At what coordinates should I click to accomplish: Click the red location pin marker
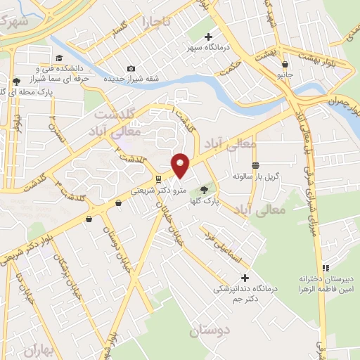[181, 165]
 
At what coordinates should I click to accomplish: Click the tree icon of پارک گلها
[205, 189]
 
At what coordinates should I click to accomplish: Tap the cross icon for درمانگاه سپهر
[209, 37]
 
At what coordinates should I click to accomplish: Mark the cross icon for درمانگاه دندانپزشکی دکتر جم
[245, 278]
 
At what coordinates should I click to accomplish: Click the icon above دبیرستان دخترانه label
[325, 267]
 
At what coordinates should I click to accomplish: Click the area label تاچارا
[155, 22]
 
